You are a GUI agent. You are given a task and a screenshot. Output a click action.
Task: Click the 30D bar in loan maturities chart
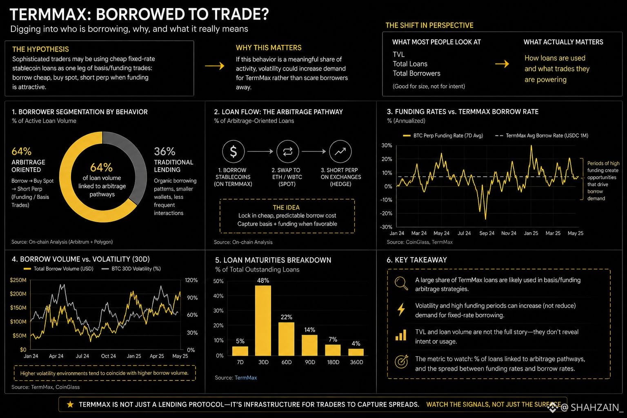(263, 320)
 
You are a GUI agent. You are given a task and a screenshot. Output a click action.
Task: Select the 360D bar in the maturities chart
(356, 352)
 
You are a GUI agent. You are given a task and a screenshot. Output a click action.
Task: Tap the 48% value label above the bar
(263, 280)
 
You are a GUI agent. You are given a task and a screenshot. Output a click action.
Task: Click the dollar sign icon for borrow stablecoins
(233, 151)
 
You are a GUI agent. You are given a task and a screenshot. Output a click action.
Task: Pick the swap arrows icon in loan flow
(287, 151)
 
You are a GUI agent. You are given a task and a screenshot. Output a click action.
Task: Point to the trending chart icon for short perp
(340, 151)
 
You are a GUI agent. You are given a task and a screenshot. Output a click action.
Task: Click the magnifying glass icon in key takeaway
(401, 283)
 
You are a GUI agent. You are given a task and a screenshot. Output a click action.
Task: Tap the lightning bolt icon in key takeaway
(401, 309)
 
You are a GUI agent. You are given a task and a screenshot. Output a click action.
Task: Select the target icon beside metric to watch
(401, 361)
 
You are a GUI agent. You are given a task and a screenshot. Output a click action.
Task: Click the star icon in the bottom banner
(70, 404)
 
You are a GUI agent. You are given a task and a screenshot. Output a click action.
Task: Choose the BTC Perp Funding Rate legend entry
(443, 136)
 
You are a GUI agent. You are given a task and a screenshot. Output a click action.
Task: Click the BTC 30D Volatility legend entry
(131, 269)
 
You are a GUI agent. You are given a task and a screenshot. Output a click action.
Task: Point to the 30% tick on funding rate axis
(387, 145)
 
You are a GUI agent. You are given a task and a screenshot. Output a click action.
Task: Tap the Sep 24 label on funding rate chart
(487, 233)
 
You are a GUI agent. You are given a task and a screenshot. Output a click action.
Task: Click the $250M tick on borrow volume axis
(18, 280)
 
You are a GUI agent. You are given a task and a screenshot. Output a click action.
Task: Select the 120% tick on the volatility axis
(191, 280)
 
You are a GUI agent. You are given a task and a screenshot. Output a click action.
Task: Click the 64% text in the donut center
(101, 167)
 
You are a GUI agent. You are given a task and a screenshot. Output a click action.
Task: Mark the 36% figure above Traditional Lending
(165, 151)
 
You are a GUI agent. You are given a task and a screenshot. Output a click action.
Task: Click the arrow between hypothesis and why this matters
(215, 66)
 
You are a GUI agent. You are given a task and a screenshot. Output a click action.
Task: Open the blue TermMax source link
(246, 378)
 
